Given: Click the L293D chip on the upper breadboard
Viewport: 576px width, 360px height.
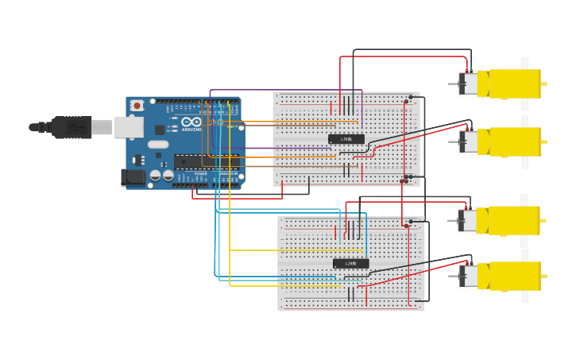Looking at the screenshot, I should point(346,139).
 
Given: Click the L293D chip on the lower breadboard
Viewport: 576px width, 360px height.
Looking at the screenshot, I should point(350,263).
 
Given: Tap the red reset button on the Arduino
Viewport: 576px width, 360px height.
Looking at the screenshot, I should point(137,106).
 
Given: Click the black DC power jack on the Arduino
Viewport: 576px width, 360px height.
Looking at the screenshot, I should point(133,177).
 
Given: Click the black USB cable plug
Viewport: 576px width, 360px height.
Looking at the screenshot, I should point(72,127).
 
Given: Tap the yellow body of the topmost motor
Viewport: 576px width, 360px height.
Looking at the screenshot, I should point(515,83).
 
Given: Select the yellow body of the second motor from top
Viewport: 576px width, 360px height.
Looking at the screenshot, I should point(515,141).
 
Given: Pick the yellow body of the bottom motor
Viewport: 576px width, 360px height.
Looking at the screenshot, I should point(515,276).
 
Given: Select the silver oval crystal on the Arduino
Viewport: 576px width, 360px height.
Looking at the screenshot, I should point(158,145).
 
